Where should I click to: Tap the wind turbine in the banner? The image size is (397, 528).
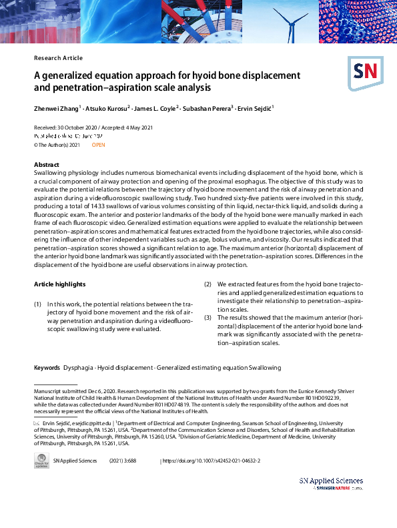[290, 20]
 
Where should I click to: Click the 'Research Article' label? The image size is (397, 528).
[58, 58]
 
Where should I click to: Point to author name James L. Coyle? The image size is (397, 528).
[155, 108]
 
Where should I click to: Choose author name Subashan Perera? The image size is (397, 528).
[208, 108]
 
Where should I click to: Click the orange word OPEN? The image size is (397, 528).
[98, 145]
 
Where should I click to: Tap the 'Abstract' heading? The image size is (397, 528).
[47, 164]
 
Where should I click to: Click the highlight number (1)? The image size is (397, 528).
[38, 304]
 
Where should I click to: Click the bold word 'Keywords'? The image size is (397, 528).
[47, 368]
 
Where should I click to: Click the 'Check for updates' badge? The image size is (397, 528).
[41, 461]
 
